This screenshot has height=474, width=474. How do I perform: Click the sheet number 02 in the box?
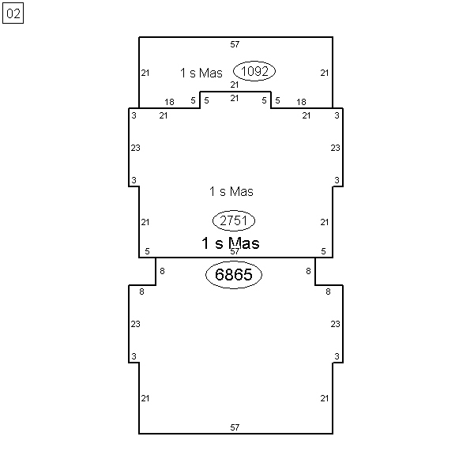click(x=13, y=13)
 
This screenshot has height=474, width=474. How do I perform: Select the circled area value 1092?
click(x=254, y=71)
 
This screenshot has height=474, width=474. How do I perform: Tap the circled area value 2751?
click(x=234, y=220)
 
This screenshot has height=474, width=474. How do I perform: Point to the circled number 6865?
click(x=234, y=274)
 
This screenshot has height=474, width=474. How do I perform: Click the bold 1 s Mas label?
click(x=231, y=243)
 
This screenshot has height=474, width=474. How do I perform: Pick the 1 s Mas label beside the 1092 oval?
click(x=201, y=73)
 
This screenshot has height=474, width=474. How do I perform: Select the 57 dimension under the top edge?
click(x=235, y=45)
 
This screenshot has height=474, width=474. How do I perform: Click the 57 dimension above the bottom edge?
click(x=235, y=427)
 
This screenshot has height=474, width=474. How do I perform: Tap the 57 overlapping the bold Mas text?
click(x=235, y=251)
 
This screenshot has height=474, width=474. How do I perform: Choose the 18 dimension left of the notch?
click(x=170, y=102)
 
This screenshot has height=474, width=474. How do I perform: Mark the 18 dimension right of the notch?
click(x=302, y=102)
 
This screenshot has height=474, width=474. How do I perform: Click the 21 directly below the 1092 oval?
click(x=235, y=85)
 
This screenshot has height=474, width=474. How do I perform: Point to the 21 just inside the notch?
click(x=235, y=98)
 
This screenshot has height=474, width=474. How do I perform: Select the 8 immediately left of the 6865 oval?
click(x=162, y=271)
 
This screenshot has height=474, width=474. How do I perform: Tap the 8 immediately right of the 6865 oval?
click(x=308, y=271)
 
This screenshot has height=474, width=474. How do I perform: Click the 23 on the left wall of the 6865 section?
click(x=136, y=324)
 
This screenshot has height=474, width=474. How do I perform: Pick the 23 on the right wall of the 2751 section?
click(x=335, y=148)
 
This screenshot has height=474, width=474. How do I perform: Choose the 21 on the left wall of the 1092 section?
click(x=145, y=73)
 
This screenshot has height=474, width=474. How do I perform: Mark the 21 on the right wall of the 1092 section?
click(x=325, y=73)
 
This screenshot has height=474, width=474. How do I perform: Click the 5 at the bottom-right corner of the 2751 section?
click(x=323, y=251)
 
